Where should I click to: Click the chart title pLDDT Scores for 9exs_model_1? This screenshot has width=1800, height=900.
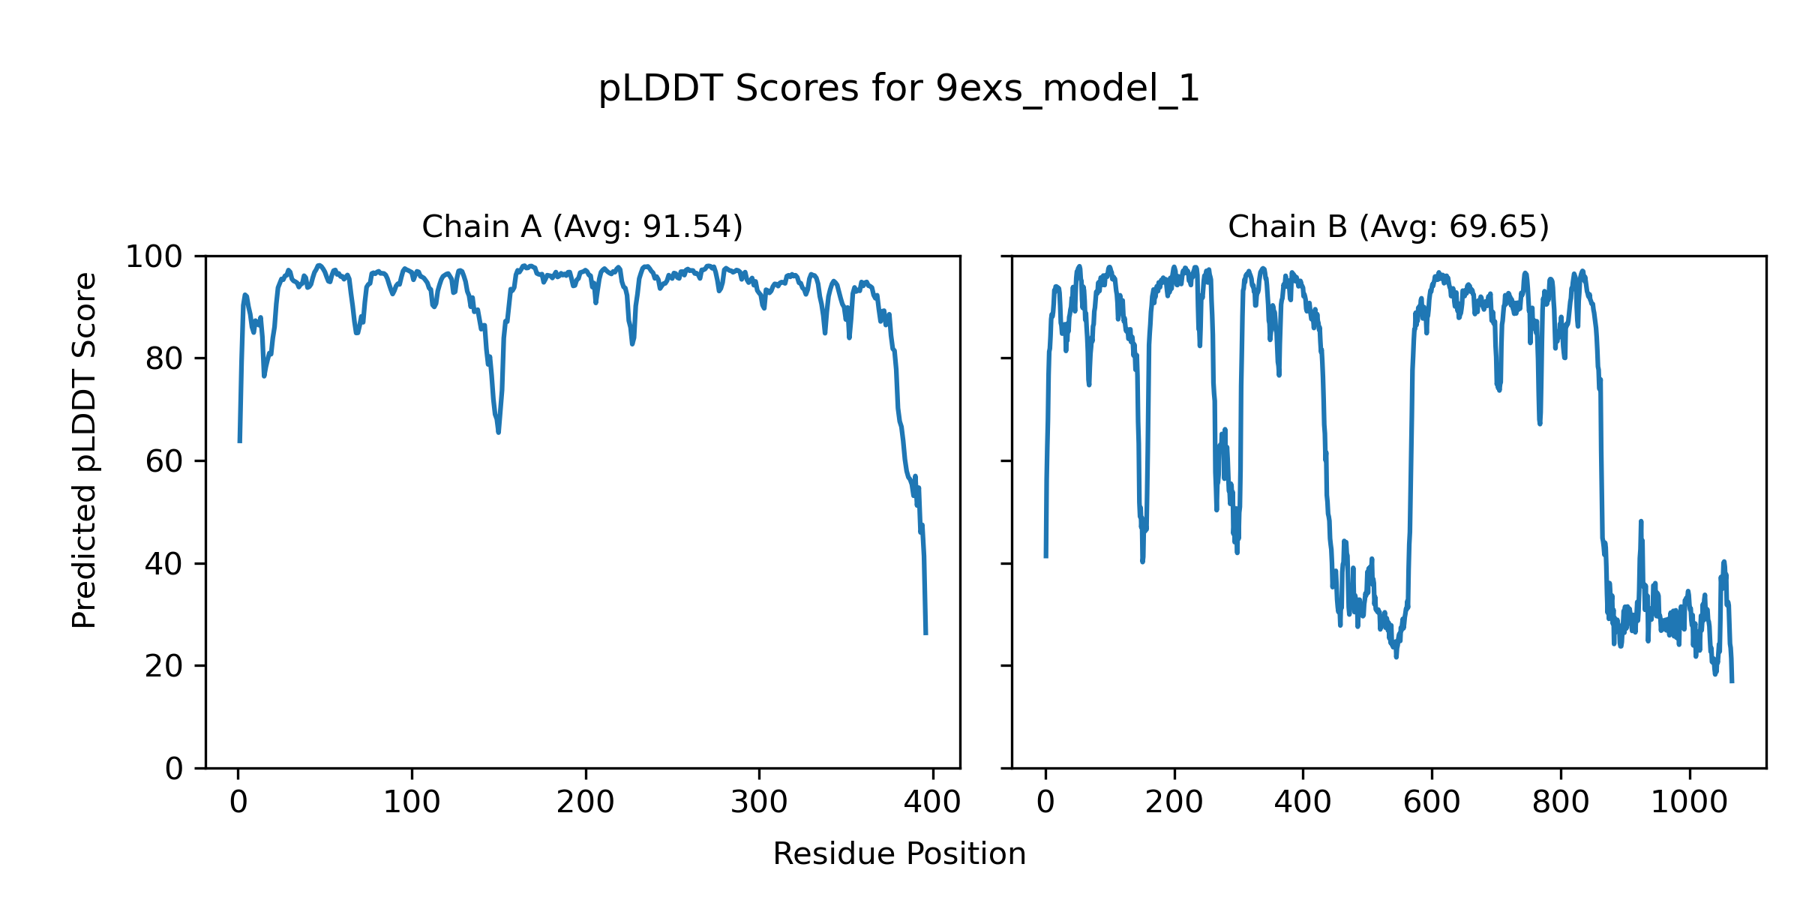[898, 89]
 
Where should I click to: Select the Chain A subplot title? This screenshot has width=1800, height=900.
[582, 226]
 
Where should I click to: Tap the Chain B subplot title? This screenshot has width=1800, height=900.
[1388, 226]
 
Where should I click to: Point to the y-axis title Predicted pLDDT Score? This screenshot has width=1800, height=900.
[85, 450]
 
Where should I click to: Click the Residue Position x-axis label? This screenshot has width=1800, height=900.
[898, 854]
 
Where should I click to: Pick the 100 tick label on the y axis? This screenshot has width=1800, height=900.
[154, 257]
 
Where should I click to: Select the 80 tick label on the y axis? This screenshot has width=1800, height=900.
[164, 359]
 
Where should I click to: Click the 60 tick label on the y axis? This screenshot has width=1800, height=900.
[164, 461]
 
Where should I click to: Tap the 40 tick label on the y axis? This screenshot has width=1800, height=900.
[164, 564]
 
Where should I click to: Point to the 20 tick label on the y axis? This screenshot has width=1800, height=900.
[164, 666]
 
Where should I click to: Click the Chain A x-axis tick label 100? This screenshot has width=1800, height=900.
[412, 802]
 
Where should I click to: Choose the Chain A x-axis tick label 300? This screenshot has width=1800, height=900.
[759, 802]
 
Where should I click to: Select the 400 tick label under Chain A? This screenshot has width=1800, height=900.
[932, 802]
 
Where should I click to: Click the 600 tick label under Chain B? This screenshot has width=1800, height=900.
[1432, 802]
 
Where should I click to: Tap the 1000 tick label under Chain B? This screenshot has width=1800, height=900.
[1689, 802]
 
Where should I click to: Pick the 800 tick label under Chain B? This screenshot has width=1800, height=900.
[1561, 802]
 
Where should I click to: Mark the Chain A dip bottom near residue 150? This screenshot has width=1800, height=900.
[498, 432]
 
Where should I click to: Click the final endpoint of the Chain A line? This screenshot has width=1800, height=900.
[925, 634]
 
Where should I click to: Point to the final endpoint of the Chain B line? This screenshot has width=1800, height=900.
[1732, 682]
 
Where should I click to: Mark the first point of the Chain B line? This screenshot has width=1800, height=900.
[1045, 557]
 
